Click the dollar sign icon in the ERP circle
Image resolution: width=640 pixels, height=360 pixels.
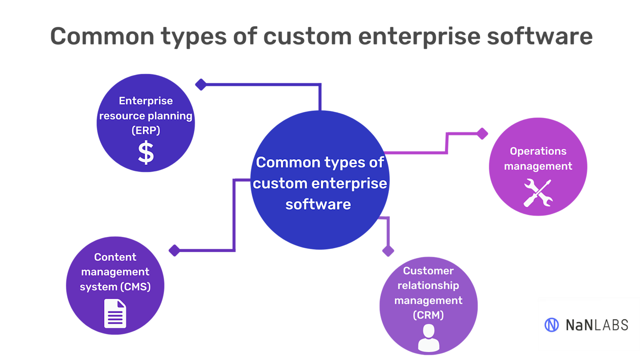pos(146,152)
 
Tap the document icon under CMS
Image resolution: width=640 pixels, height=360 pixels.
pos(115,314)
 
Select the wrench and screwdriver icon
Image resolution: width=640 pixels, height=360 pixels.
pos(538,193)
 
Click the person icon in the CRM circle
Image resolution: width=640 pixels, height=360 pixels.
pos(428,338)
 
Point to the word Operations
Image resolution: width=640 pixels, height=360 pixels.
pos(538,151)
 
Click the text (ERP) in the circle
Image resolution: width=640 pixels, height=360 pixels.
pos(146,130)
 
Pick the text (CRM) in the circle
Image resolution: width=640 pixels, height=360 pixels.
pos(428,315)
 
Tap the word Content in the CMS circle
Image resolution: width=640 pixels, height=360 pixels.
pos(115,257)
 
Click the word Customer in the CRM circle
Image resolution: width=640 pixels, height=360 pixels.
pos(428,271)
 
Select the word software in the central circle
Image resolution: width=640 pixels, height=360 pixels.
pos(318,204)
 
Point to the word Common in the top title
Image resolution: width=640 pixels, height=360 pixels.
pos(102,36)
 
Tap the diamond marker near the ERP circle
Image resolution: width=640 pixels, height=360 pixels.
pos(201,84)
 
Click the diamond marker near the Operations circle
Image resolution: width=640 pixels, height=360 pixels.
pos(482,134)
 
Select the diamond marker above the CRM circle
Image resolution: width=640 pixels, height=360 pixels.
pos(388,251)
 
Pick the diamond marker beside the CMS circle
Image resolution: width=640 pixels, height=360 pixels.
pos(174,250)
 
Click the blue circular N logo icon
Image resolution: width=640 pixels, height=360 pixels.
pos(552,325)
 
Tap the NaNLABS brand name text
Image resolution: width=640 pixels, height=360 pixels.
pos(596,325)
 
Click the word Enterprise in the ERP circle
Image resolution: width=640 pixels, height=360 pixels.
pos(146,101)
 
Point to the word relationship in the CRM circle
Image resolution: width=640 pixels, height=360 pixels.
pos(428,286)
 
